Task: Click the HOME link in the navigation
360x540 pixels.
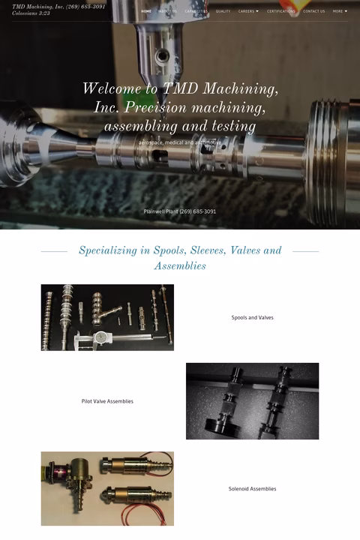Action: pos(146,11)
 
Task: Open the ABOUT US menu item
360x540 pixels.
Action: pos(167,11)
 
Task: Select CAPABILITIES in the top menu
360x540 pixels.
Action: pos(196,11)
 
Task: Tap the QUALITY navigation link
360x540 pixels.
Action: pos(223,11)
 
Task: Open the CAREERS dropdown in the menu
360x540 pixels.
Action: pos(248,11)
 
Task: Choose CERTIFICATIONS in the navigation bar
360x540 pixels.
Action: pos(281,11)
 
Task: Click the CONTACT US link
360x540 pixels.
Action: pos(314,11)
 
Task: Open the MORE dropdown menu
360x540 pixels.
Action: pos(340,11)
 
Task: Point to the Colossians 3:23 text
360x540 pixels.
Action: pos(31,13)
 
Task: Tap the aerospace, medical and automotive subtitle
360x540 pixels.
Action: pos(180,142)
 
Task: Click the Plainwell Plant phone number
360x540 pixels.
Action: pos(180,211)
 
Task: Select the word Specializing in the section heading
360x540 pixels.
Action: pos(112,250)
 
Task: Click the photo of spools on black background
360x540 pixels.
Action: pos(107,317)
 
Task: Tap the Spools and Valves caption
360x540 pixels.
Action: pos(252,318)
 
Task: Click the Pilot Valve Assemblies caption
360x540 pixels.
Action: pos(107,401)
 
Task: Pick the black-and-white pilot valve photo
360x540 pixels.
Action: pos(252,401)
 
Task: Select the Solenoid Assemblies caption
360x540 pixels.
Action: pos(252,489)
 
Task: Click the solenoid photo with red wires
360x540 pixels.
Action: pos(107,488)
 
